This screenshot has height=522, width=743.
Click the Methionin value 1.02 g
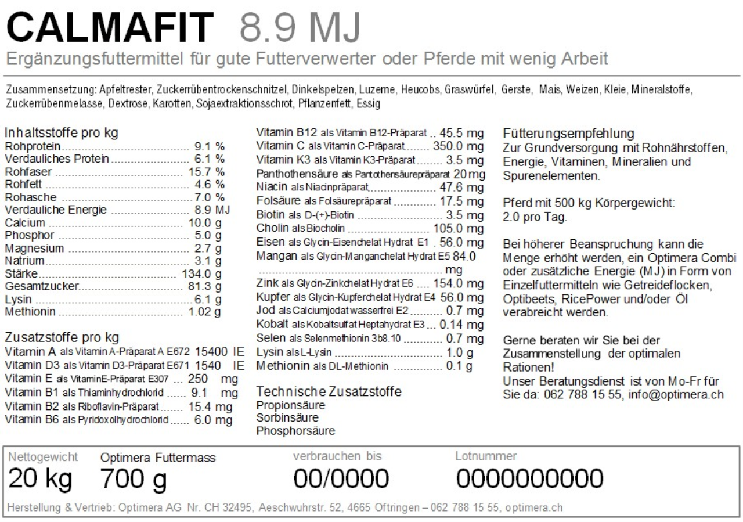(205, 313)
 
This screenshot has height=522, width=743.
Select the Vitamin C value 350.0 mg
(458, 146)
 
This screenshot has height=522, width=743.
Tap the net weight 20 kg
(41, 479)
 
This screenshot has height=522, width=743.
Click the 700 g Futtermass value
(134, 479)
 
